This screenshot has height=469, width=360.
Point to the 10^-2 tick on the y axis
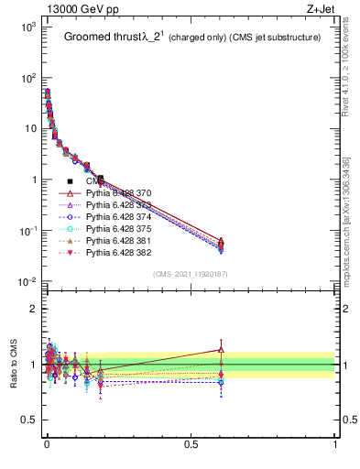[x=27, y=281]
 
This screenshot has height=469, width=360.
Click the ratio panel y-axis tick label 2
[x=32, y=309]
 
